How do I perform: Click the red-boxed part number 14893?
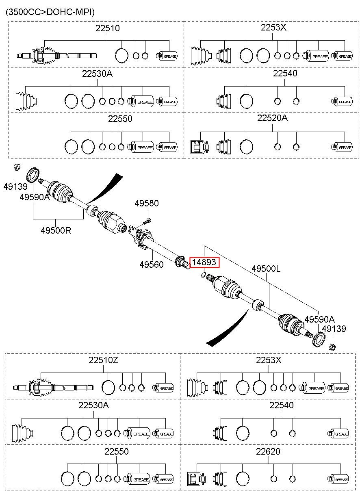click(204, 262)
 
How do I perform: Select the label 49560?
click(152, 264)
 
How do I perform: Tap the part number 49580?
click(147, 203)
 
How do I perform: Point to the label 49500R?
click(56, 230)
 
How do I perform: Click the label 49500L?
click(266, 269)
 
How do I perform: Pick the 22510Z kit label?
click(103, 360)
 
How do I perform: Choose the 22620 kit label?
click(268, 451)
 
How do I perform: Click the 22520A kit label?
click(272, 118)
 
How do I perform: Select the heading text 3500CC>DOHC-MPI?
click(50, 12)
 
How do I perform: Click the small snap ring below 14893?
click(204, 274)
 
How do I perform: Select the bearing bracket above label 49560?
click(141, 238)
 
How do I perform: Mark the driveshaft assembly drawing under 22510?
click(57, 56)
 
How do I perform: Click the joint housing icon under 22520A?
click(200, 147)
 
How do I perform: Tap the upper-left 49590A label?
click(35, 197)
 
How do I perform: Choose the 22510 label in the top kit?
click(107, 28)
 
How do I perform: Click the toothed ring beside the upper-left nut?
click(33, 175)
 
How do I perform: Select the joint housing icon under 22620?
click(196, 479)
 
